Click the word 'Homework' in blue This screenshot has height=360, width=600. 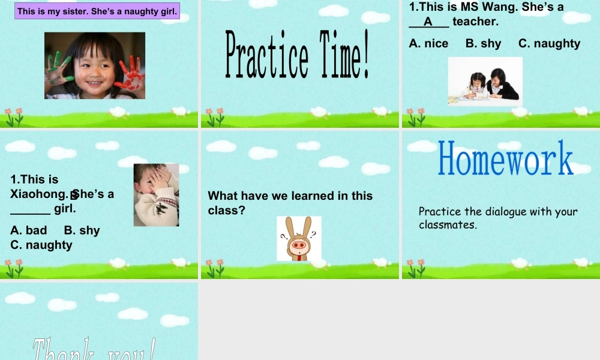(x=505, y=158)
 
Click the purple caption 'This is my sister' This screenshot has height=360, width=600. (x=97, y=11)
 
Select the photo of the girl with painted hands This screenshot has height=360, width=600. (x=95, y=65)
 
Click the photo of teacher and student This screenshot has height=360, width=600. (x=485, y=80)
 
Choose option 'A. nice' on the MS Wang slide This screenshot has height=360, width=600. (x=428, y=43)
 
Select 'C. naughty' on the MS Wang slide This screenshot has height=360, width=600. (x=549, y=43)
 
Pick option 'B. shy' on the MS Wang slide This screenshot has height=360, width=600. (x=483, y=43)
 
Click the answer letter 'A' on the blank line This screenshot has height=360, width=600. (x=428, y=22)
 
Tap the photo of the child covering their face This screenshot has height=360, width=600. (x=156, y=195)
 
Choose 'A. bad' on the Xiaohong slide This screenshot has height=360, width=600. (x=29, y=230)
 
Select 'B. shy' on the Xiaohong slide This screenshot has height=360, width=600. (x=82, y=230)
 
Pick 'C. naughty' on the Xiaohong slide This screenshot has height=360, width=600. (x=41, y=245)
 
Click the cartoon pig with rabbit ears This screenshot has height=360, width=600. (x=299, y=239)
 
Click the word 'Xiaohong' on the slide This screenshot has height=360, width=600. (x=37, y=194)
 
